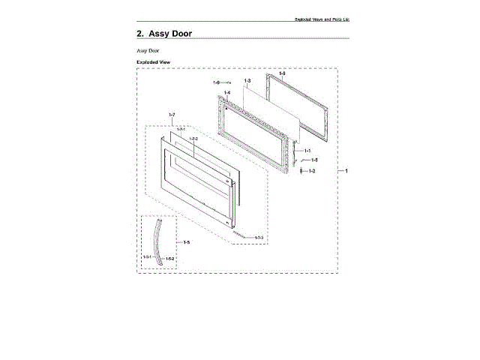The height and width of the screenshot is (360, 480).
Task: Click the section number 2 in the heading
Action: tap(139, 34)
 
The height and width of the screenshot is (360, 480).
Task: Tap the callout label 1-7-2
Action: tap(193, 139)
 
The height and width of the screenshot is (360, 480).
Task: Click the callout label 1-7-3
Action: tap(258, 238)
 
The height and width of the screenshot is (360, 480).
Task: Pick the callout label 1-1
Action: tap(307, 151)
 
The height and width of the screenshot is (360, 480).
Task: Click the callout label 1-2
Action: tap(312, 171)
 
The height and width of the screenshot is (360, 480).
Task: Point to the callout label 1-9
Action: tap(216, 82)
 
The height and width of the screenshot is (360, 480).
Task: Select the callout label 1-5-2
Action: tap(169, 259)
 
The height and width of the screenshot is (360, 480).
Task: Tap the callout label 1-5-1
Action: tap(147, 257)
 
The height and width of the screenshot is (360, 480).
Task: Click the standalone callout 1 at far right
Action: tap(346, 171)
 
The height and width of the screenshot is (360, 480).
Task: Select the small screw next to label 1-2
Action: tap(301, 172)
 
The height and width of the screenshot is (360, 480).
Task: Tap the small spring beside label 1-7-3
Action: tap(239, 234)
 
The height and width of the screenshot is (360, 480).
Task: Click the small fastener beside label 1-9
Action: tap(228, 82)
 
